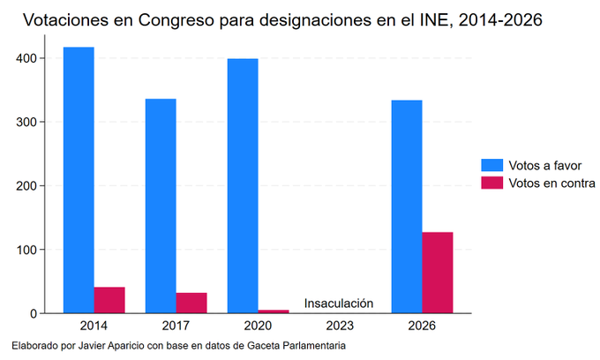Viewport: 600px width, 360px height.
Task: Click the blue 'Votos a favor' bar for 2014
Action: point(79,180)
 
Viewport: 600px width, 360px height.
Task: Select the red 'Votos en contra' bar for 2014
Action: point(109,300)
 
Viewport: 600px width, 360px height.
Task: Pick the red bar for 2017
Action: point(191,303)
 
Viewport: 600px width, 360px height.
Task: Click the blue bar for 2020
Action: point(243,185)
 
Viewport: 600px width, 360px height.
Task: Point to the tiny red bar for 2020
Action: point(274,311)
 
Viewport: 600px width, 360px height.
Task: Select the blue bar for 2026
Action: point(407,206)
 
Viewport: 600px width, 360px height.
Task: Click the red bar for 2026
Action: point(438,273)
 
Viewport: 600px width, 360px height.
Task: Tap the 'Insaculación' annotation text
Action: point(339,304)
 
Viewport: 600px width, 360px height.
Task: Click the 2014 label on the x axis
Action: point(94,326)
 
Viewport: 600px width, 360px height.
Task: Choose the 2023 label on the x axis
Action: point(340,326)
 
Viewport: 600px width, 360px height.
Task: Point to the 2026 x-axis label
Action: point(422,326)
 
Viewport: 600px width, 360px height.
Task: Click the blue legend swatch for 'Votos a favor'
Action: point(491,166)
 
